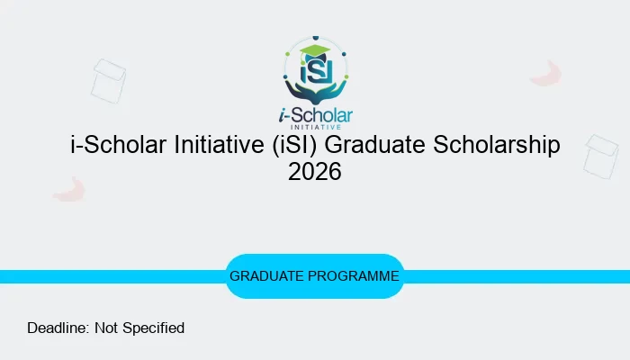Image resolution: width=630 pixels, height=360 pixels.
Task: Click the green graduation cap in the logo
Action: tap(314, 50)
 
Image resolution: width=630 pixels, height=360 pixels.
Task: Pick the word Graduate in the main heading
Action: tap(388, 145)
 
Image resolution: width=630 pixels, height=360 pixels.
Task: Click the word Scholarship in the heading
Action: tap(501, 145)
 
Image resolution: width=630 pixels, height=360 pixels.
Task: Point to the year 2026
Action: tap(315, 171)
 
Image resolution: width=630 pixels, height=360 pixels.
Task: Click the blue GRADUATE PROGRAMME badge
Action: tap(315, 276)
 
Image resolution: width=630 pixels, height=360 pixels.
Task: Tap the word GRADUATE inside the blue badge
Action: tap(266, 276)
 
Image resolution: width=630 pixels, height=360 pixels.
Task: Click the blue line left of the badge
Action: tap(108, 276)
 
